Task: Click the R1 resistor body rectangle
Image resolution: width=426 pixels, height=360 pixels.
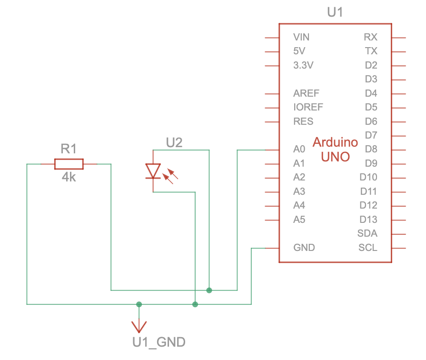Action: (69, 164)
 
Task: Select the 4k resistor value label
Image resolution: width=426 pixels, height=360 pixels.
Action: (69, 178)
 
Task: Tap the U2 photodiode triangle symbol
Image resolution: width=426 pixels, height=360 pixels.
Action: (153, 171)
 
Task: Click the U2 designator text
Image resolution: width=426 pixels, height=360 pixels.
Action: (174, 142)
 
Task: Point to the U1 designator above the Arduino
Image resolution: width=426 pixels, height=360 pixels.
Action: (335, 12)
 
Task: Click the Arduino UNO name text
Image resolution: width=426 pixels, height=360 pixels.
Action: (336, 149)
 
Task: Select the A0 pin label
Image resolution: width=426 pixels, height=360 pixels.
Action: (299, 150)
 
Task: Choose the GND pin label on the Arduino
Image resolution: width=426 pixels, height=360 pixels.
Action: (304, 248)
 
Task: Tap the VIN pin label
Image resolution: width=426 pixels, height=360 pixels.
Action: (301, 37)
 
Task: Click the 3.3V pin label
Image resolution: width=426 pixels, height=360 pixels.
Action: (304, 65)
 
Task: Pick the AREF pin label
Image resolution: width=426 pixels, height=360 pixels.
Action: (307, 93)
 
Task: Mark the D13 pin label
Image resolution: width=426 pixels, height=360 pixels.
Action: (368, 220)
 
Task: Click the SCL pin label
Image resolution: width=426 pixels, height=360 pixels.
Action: (367, 248)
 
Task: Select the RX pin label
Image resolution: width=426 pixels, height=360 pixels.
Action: (370, 37)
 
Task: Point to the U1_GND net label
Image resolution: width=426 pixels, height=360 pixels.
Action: (159, 342)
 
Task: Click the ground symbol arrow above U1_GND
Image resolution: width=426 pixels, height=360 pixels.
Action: (139, 326)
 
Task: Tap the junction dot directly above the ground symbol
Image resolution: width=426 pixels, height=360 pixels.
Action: (139, 304)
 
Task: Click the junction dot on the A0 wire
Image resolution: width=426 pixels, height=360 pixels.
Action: (209, 290)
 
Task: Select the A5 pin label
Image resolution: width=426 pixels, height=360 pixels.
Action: (299, 220)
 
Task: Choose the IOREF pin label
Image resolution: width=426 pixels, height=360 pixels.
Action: (308, 108)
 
